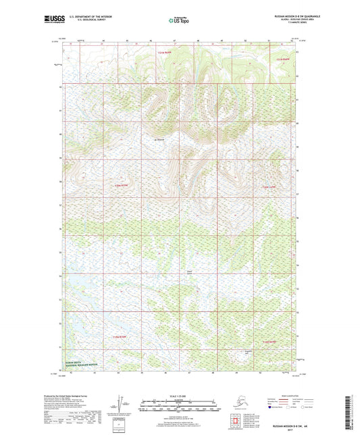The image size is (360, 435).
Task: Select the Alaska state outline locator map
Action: click(x=238, y=403)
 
